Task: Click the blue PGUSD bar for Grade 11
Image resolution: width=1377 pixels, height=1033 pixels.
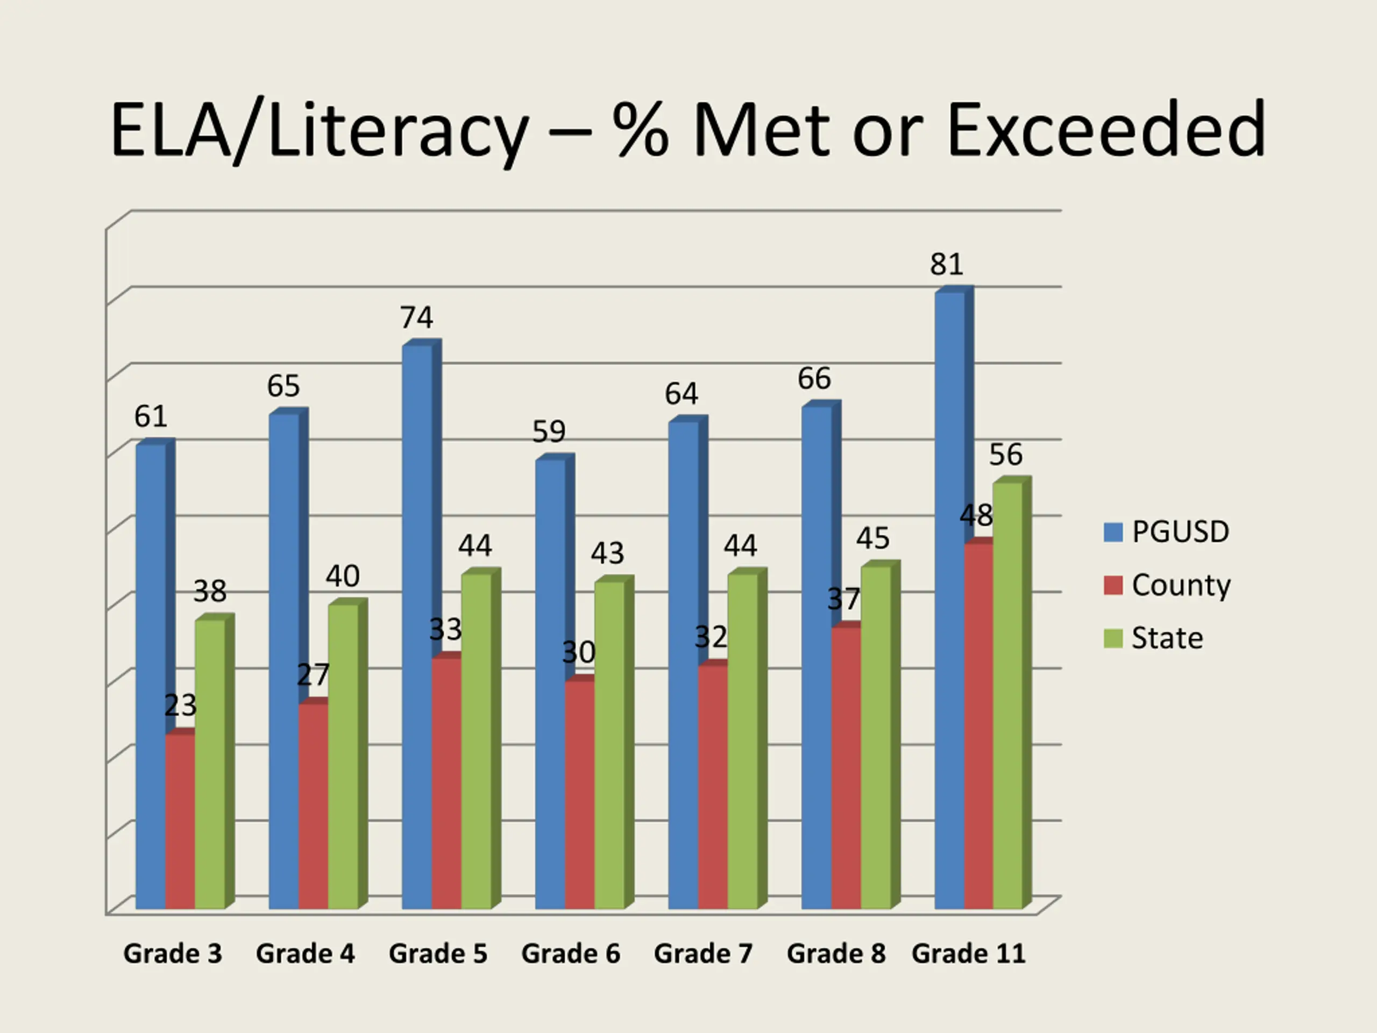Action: [x=949, y=598]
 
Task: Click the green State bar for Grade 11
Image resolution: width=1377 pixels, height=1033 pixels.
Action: [x=1008, y=694]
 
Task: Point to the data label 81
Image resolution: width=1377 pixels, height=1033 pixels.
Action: [x=946, y=265]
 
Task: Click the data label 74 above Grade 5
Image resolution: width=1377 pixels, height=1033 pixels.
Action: [x=416, y=318]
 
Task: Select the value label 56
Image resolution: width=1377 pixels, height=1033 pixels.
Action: [x=1006, y=455]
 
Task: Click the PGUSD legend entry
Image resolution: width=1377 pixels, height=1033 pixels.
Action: [x=1180, y=532]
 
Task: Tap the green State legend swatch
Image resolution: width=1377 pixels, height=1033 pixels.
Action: [x=1113, y=638]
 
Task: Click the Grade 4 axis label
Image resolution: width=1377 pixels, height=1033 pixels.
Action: [x=305, y=954]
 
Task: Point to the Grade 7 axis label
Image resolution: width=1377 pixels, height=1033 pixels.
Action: [x=704, y=954]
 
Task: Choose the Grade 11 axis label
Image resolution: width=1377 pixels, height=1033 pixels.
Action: [x=969, y=954]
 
